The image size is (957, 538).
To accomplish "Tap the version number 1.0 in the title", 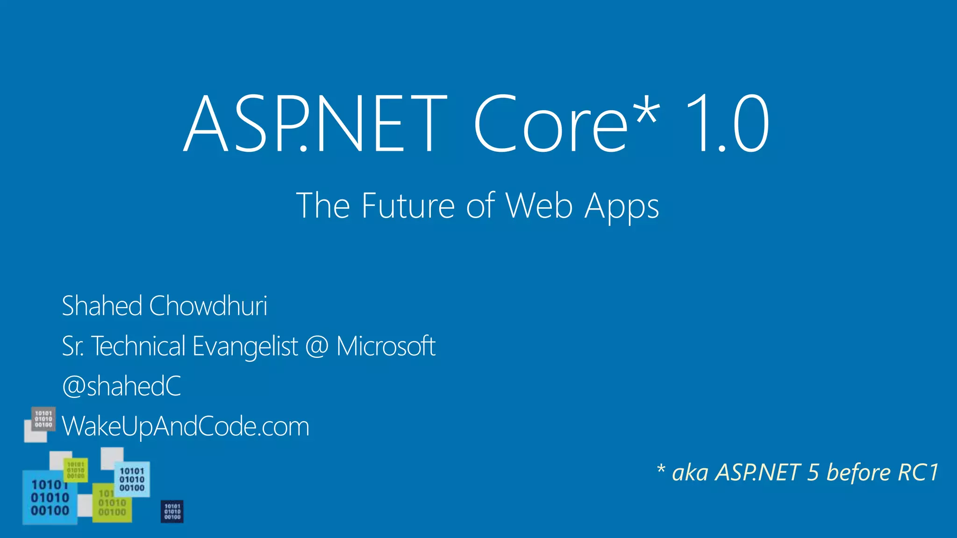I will pos(727,124).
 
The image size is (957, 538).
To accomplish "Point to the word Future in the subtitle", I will pos(408,206).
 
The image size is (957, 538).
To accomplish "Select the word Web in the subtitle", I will pos(539,206).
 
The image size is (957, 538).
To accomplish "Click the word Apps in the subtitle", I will pos(622,207).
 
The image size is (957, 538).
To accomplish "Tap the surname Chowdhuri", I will pos(208,306).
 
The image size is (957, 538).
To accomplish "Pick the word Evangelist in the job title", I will pos(245,347).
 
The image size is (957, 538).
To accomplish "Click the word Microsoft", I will pos(386,347).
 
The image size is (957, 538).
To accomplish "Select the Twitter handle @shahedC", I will pos(121,386).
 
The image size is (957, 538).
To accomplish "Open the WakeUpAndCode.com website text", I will pos(186,426).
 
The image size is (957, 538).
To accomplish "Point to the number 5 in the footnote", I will pos(813,473).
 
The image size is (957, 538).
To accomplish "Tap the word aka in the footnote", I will pos(690,473).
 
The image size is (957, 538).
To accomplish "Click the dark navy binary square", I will pos(172,511).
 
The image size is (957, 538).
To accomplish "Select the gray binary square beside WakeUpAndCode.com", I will pos(43,419).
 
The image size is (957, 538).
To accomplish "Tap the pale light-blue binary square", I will pos(132,479).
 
